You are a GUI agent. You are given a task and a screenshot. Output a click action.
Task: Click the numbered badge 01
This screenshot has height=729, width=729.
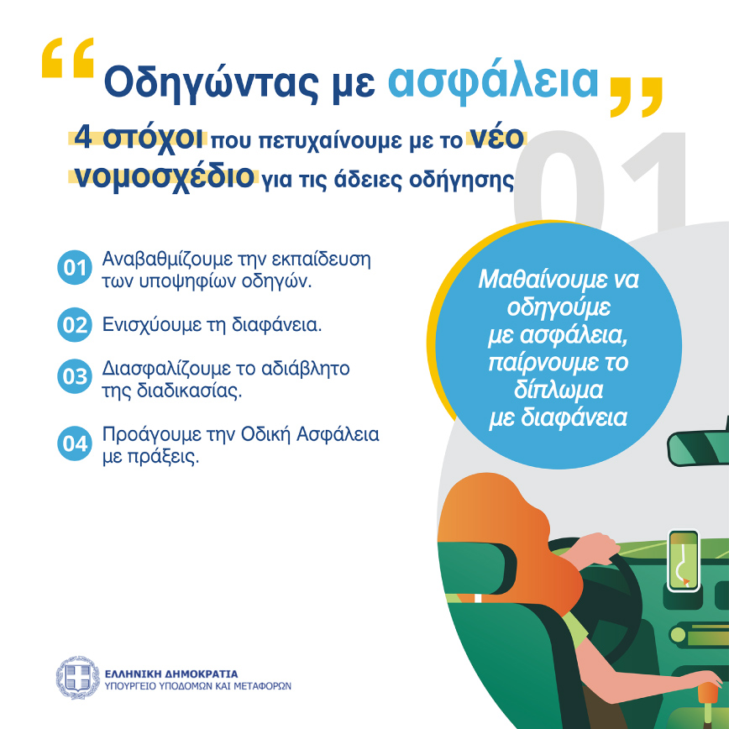click(x=74, y=269)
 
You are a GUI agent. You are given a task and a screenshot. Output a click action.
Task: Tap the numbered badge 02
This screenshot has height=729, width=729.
click(x=74, y=325)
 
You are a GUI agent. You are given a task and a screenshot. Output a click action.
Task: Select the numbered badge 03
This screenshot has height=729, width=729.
click(x=74, y=377)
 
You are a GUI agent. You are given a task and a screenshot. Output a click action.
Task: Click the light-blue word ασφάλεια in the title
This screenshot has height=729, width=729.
click(x=494, y=81)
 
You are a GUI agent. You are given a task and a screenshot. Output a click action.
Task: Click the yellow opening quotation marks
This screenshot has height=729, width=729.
click(x=67, y=60)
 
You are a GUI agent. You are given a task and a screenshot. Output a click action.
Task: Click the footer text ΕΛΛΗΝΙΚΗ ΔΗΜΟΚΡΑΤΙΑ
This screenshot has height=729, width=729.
click(x=171, y=673)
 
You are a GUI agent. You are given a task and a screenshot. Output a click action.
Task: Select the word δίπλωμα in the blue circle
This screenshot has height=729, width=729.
click(x=559, y=392)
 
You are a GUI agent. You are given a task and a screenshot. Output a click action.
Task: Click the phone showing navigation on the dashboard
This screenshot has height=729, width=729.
click(x=684, y=560)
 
